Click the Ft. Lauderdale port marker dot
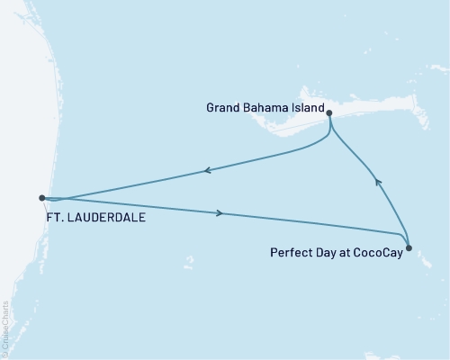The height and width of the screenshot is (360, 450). click(41, 197)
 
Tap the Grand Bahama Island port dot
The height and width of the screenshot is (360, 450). click(329, 113)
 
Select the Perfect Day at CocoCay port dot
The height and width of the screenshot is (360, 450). click(409, 247)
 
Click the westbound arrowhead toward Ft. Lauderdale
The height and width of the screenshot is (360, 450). click(207, 169)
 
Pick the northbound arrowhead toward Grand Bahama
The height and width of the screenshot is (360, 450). click(379, 183)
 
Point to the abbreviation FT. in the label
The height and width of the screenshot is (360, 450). click(53, 217)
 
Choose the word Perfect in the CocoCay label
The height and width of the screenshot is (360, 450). click(290, 253)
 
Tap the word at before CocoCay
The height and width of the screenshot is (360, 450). click(343, 253)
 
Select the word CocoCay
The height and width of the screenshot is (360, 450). click(376, 253)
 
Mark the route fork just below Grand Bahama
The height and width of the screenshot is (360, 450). click(331, 129)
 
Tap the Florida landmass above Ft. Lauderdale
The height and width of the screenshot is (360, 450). click(18, 108)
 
